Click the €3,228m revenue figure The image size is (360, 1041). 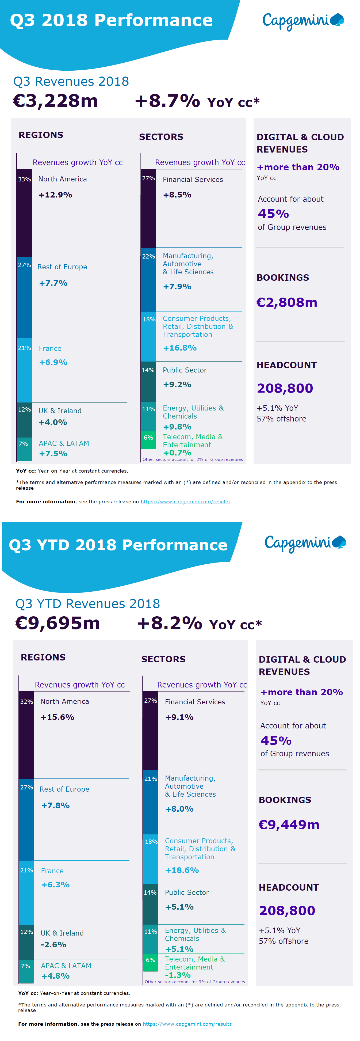tap(55, 101)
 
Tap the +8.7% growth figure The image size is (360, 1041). tap(167, 101)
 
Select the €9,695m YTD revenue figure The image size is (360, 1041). tap(58, 623)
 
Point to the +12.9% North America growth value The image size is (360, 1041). tap(55, 195)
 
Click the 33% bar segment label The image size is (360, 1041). tap(24, 179)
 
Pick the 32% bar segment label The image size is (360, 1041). tap(27, 702)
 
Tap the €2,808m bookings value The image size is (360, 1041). tap(287, 302)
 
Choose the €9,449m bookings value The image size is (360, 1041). tap(289, 825)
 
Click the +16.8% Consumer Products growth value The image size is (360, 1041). tap(180, 348)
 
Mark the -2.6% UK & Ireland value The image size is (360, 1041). tap(53, 944)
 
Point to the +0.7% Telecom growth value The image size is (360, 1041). tap(177, 453)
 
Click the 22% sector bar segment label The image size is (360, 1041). tap(148, 256)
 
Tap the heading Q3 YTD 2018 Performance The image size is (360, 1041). tap(118, 545)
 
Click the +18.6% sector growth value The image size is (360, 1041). tap(182, 870)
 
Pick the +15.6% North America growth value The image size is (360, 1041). tap(58, 717)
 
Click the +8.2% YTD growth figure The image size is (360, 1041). tap(169, 623)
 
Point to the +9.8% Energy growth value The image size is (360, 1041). tap(177, 427)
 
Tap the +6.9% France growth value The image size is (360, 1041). tap(53, 362)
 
